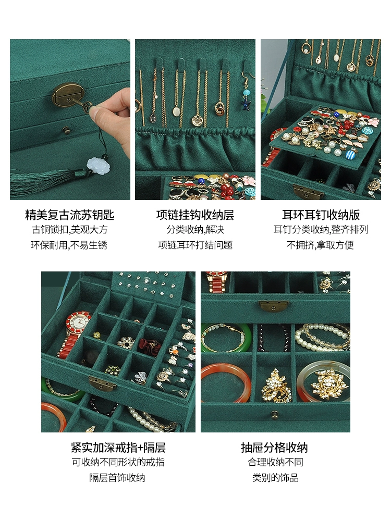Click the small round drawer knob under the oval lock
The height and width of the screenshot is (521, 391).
[x=67, y=130]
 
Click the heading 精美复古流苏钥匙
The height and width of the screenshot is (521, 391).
[x=70, y=215]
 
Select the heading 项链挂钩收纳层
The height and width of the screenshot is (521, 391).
[x=195, y=215]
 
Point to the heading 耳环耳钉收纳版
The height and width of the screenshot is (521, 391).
[x=321, y=215]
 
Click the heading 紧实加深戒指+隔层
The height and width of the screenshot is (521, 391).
[x=118, y=448]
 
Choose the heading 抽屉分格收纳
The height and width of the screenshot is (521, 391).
[x=274, y=448]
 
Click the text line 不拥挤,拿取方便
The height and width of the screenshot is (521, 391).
[x=320, y=245]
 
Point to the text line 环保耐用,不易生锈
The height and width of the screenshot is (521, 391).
[x=69, y=245]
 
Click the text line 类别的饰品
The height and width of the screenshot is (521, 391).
[x=275, y=478]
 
